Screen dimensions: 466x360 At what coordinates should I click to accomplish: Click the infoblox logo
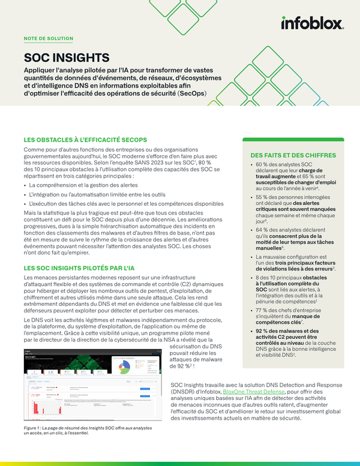coord(312,23)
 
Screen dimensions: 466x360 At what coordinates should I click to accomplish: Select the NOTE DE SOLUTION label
coord(48,38)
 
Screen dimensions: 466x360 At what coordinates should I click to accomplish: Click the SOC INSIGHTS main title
coord(66,58)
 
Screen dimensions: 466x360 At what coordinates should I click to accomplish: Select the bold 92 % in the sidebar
coord(263,331)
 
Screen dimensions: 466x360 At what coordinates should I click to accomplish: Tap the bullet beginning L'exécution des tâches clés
coord(114,204)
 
